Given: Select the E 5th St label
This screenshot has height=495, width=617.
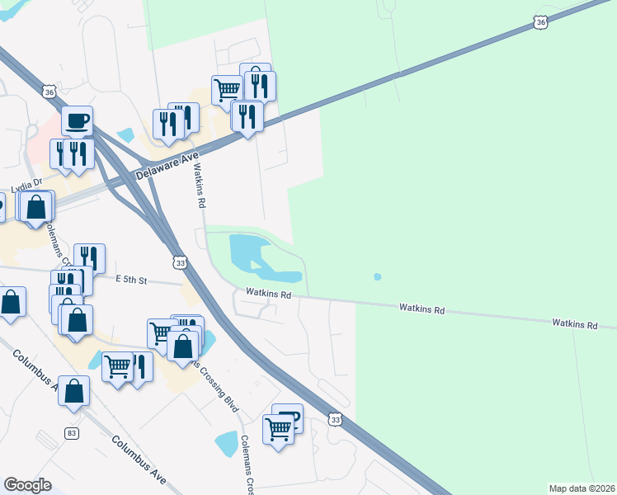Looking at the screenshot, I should pyautogui.click(x=131, y=280).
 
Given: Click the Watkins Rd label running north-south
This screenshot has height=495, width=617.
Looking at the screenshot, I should pyautogui.click(x=200, y=184).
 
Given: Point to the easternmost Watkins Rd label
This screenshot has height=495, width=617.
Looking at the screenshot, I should pyautogui.click(x=575, y=325).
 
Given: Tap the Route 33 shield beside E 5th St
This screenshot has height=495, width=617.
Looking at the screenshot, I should pyautogui.click(x=181, y=262).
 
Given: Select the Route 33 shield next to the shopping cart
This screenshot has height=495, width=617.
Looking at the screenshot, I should pyautogui.click(x=335, y=420).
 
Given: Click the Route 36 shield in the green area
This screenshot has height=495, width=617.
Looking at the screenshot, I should pyautogui.click(x=540, y=23).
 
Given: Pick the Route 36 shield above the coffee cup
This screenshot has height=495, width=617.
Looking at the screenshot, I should pyautogui.click(x=49, y=93).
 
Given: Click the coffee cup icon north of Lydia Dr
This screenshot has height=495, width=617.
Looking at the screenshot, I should pyautogui.click(x=78, y=121).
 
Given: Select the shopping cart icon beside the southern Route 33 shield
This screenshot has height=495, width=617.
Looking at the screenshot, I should pyautogui.click(x=278, y=428).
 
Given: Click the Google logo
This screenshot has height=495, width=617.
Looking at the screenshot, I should pyautogui.click(x=28, y=485).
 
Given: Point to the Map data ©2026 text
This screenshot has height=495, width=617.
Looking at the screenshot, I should pyautogui.click(x=582, y=488).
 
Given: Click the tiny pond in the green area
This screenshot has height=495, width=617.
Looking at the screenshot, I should pyautogui.click(x=377, y=276).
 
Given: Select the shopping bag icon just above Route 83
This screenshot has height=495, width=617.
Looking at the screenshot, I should pyautogui.click(x=74, y=391).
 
